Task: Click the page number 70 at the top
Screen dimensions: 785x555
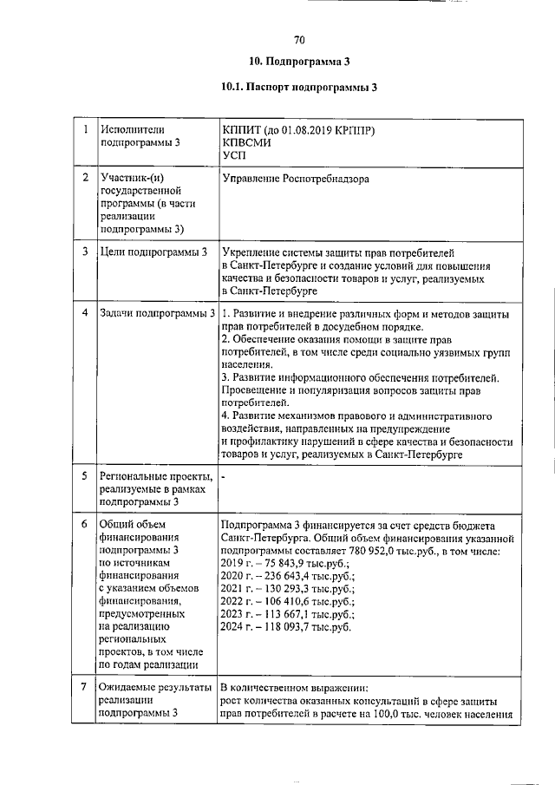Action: (299, 40)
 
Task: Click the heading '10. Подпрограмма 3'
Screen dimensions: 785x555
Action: (299, 62)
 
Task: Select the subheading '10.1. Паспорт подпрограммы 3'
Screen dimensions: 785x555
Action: (299, 87)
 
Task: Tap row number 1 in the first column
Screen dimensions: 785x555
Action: (86, 130)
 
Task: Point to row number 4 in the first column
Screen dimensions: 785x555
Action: (86, 312)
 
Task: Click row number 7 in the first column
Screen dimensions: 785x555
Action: (86, 688)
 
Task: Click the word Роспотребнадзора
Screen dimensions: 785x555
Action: (325, 179)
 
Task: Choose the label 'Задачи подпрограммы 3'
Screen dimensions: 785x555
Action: (157, 312)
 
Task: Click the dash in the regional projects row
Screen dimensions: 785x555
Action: (223, 477)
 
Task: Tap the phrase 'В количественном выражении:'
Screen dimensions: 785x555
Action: (295, 688)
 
